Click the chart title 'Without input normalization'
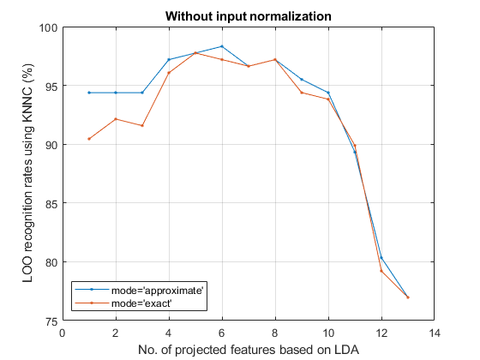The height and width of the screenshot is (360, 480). point(249,16)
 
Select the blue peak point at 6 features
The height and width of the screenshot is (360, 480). point(222,46)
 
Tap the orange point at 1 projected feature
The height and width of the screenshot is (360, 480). point(89,139)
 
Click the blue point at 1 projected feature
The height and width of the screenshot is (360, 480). point(89,93)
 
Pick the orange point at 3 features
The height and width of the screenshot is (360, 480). point(142,125)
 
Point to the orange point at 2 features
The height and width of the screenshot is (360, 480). point(116,119)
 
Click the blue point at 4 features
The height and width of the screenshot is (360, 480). point(169,59)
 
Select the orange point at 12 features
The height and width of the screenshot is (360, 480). point(381,271)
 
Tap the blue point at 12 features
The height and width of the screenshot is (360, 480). point(381,258)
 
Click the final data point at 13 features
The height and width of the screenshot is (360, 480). point(408,297)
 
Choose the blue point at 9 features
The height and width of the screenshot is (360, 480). point(302,79)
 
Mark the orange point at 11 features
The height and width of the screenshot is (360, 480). point(355,146)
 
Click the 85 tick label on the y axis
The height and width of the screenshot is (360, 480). point(51,203)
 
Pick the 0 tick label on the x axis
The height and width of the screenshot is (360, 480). point(63,333)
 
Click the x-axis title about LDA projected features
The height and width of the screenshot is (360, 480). point(249,350)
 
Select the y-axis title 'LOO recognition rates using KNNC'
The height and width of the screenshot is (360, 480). point(27,173)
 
